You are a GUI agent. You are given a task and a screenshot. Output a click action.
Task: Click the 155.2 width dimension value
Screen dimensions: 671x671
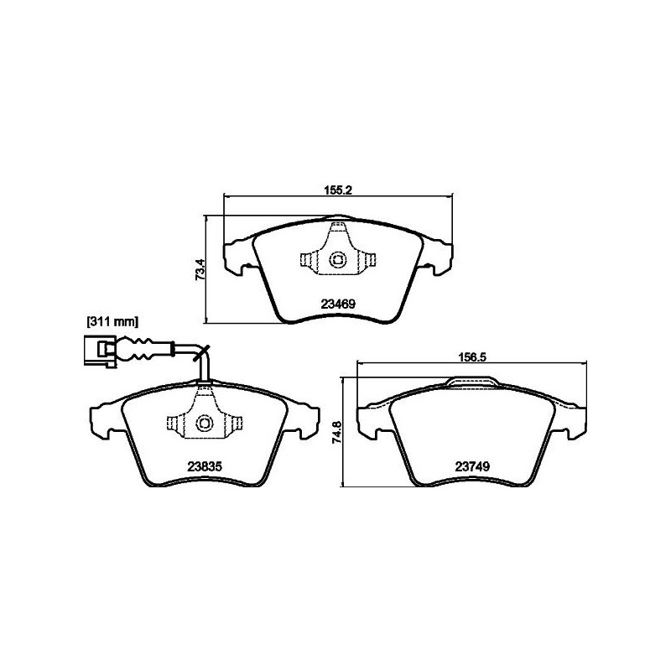338,190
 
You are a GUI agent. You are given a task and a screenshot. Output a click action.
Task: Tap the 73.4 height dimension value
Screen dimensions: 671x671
200,269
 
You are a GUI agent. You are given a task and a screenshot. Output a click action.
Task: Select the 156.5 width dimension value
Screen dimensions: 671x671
471,357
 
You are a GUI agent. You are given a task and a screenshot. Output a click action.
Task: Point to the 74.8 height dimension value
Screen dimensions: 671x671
337,432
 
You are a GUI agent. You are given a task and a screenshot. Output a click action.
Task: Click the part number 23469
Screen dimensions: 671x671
338,304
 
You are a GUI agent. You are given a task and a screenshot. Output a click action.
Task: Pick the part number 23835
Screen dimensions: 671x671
205,466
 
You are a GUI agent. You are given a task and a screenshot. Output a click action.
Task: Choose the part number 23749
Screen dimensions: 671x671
471,466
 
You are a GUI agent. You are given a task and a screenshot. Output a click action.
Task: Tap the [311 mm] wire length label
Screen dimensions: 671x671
112,321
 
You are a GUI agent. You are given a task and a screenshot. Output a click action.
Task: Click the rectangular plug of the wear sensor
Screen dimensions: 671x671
99,351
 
